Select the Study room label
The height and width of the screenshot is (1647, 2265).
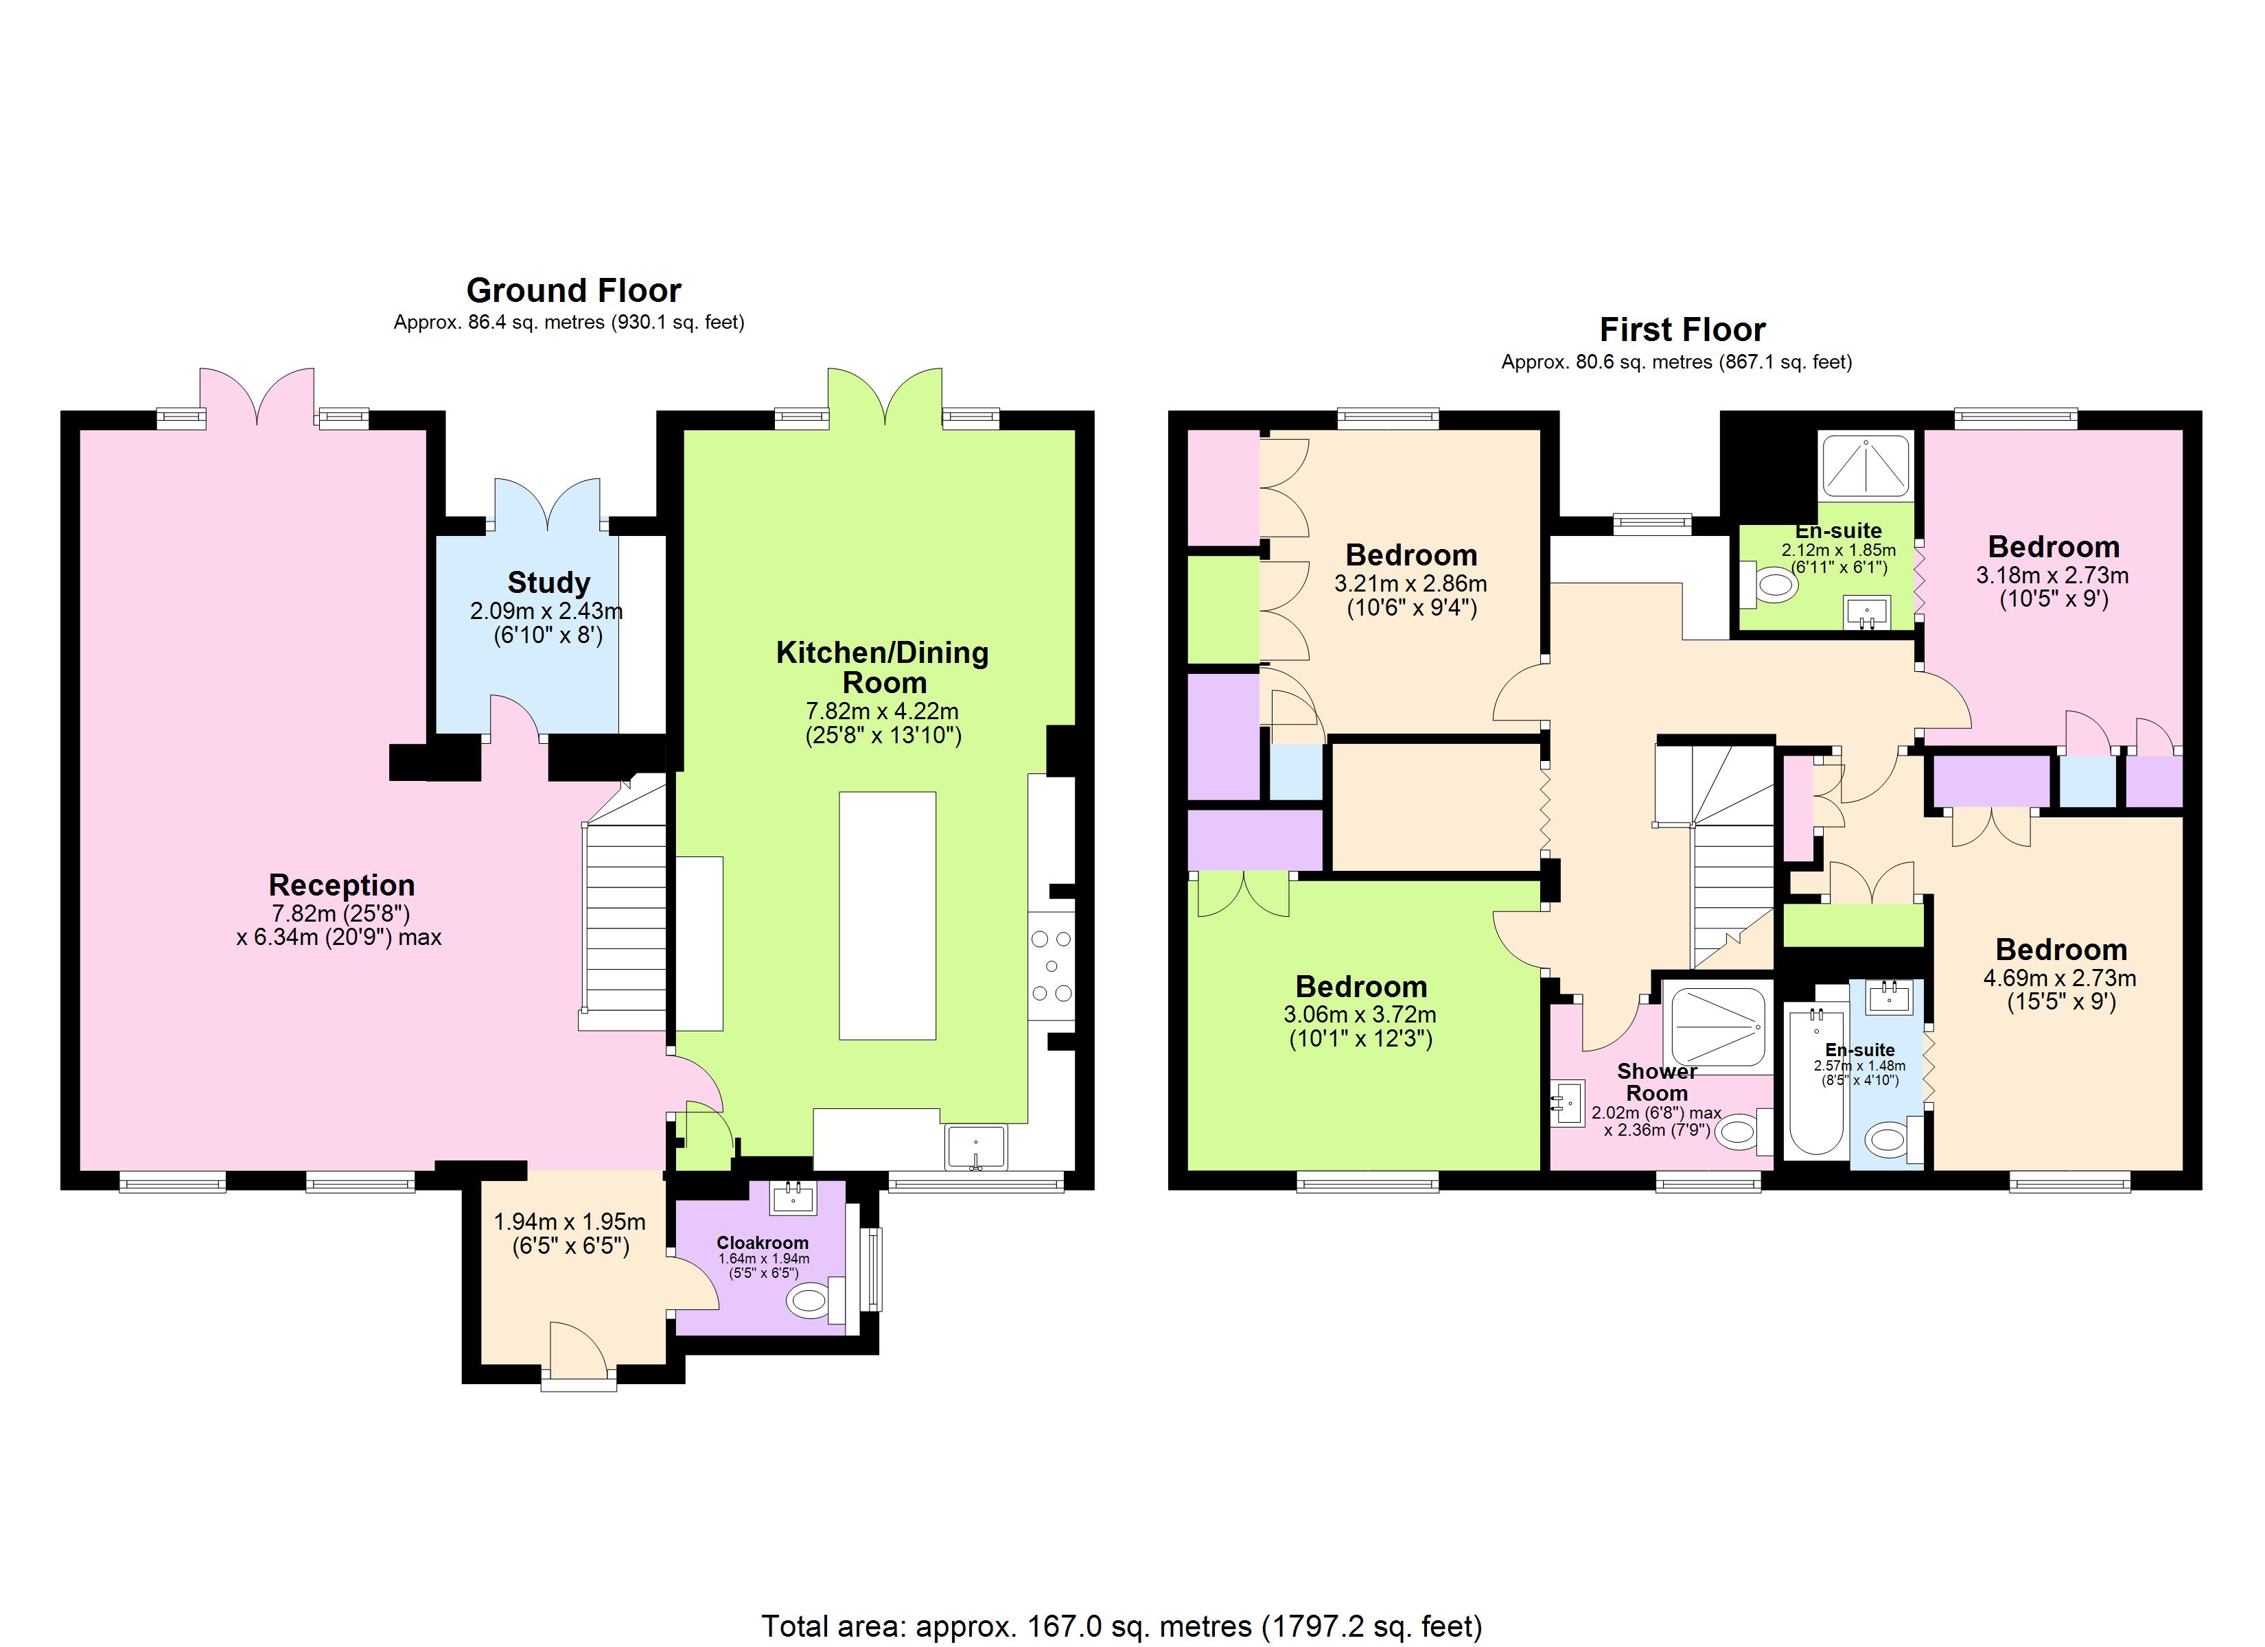(x=548, y=583)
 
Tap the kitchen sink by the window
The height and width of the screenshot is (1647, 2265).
(x=976, y=1147)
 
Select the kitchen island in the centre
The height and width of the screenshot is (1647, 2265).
(x=887, y=915)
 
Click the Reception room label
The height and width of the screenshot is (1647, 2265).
(x=342, y=885)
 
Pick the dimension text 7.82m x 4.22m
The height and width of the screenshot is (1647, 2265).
(x=882, y=711)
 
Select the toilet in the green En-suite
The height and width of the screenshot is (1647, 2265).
(x=1773, y=584)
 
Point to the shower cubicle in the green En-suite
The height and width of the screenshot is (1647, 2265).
(x=1866, y=465)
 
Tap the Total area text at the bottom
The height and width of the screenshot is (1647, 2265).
(x=1122, y=1626)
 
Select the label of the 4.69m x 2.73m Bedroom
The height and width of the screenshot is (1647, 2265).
(x=2061, y=949)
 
